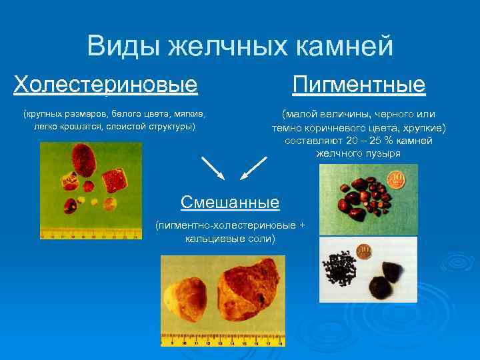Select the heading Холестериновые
(106, 85)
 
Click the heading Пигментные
(359, 85)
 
